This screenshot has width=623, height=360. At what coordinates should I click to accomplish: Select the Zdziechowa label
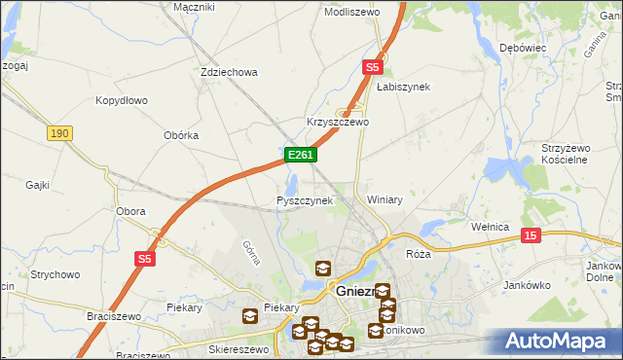(x=228, y=72)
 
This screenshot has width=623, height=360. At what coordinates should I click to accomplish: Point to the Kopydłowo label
(x=121, y=100)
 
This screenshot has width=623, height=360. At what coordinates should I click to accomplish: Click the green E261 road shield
(x=300, y=156)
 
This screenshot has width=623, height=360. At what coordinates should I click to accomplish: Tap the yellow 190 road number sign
(x=59, y=133)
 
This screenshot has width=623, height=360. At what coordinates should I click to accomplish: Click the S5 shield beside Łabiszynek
(x=373, y=67)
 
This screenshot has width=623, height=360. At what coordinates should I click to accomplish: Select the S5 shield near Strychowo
(x=145, y=258)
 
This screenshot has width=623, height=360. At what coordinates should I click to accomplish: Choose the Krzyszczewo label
(x=338, y=123)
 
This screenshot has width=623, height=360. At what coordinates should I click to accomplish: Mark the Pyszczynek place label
(x=305, y=200)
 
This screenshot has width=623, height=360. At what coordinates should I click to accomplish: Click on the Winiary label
(x=385, y=199)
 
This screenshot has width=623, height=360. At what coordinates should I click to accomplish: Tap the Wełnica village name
(x=490, y=227)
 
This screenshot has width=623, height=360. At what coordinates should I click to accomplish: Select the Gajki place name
(x=38, y=184)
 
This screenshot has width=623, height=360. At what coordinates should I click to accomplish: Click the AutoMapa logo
(x=560, y=342)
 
